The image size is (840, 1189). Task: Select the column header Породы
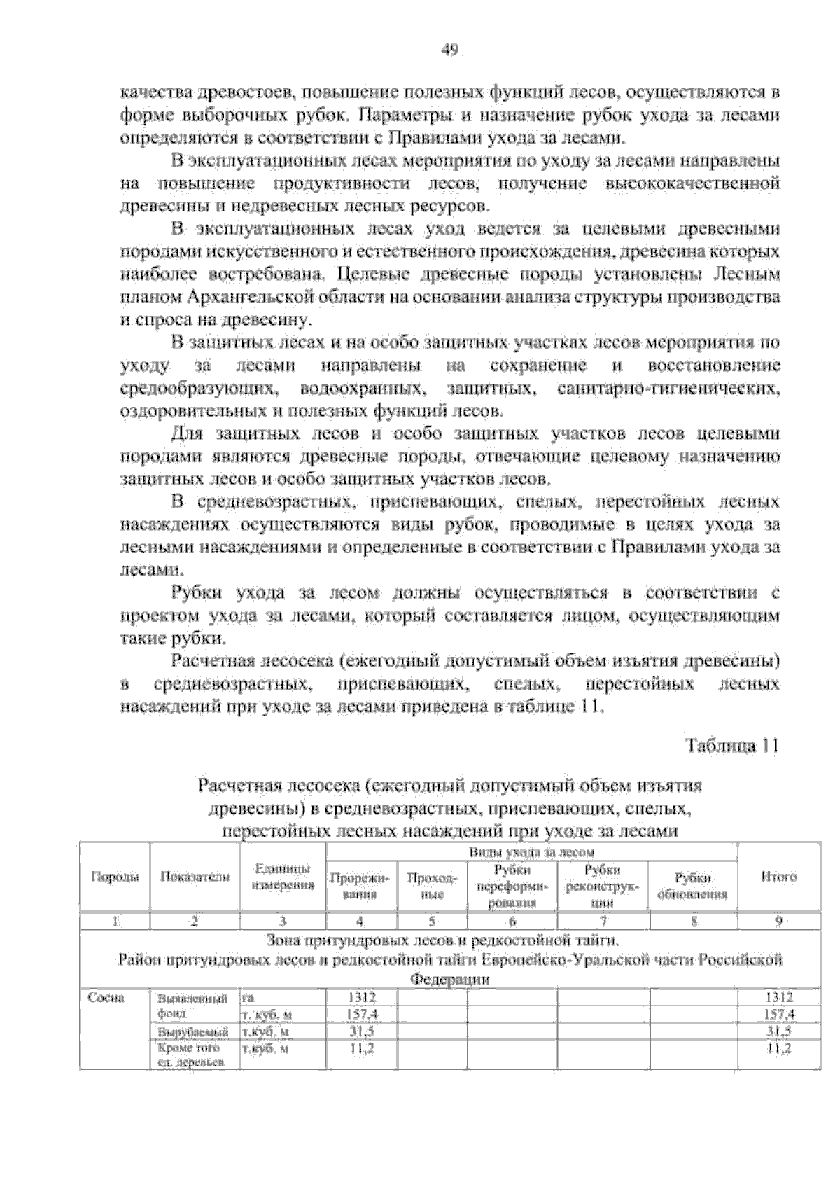point(115,877)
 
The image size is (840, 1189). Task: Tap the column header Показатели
point(195,877)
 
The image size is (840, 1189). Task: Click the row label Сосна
point(106,998)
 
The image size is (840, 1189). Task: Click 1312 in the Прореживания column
point(362,997)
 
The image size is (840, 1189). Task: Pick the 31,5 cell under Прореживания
point(362,1031)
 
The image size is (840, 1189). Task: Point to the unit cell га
point(248,997)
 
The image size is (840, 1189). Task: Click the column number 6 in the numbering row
point(512,921)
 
